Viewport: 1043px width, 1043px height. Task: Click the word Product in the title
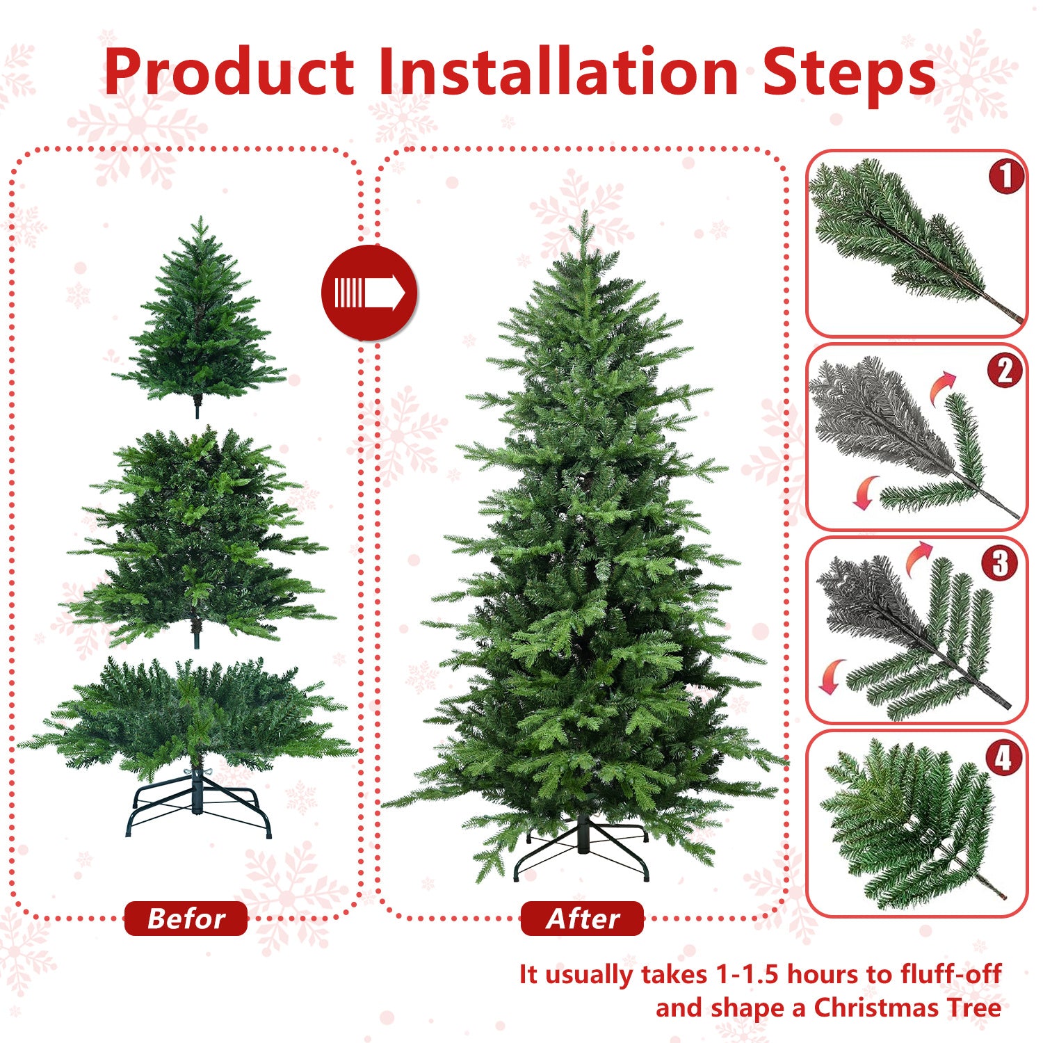[x=229, y=73]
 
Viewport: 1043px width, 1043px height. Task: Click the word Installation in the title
[x=558, y=73]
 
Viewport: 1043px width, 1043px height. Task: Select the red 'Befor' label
[x=186, y=919]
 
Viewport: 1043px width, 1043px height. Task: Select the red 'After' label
[x=582, y=919]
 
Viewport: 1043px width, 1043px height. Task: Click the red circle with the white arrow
[x=369, y=293]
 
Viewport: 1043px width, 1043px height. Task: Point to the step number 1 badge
[x=1005, y=177]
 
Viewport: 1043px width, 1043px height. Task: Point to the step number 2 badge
[x=1005, y=371]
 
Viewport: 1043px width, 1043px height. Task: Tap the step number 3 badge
[x=999, y=564]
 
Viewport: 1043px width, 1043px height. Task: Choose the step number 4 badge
[x=1003, y=758]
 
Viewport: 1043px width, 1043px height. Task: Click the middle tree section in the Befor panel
[x=198, y=535]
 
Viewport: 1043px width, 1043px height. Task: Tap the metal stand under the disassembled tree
[x=198, y=807]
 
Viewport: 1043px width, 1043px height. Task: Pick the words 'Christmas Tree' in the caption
[x=907, y=1008]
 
